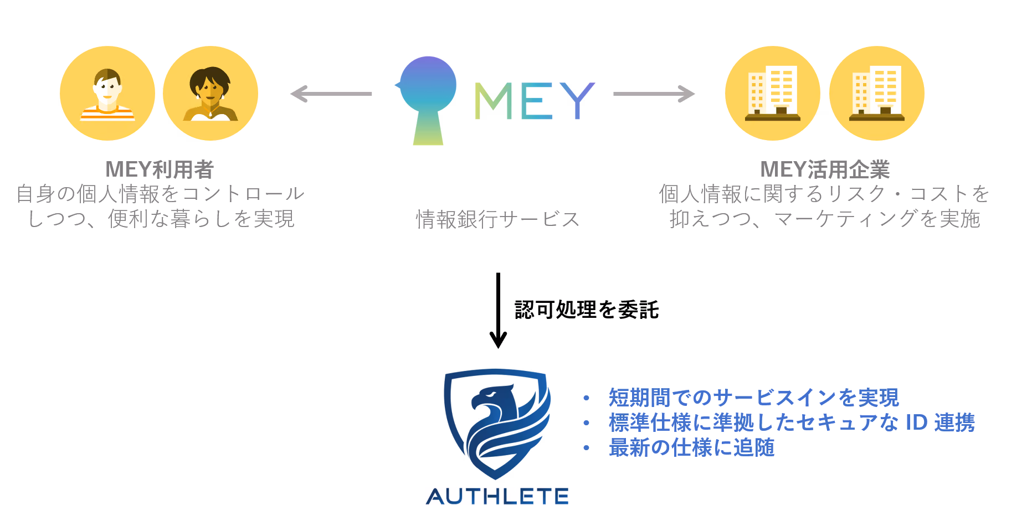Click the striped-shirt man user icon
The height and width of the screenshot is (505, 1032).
coord(107,93)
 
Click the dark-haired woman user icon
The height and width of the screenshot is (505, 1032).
coord(210,93)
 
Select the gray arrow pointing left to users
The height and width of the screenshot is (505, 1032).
coord(331,94)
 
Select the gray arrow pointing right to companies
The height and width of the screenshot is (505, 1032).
coord(654,94)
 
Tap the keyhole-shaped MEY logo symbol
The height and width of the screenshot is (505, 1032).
coord(427,100)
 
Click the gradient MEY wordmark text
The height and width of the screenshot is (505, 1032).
coord(535,101)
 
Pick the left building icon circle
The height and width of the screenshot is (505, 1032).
coord(773,93)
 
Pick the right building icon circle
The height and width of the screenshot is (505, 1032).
coord(877,93)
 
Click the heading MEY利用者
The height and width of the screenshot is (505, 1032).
coord(160,169)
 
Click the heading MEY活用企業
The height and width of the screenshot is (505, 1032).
coord(825,169)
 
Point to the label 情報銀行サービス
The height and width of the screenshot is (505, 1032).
coord(497,219)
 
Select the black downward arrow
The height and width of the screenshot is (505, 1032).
coord(498,311)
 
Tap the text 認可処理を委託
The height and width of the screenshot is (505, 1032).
coord(587,310)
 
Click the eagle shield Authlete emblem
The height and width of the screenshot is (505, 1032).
coord(497,424)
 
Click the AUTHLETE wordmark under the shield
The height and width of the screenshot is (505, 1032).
coord(497,496)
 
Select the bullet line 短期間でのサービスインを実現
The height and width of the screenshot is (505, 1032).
coord(753,398)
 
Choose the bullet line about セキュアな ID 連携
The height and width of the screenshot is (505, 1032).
coord(792,422)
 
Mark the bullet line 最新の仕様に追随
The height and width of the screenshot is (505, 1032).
coord(691,447)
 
